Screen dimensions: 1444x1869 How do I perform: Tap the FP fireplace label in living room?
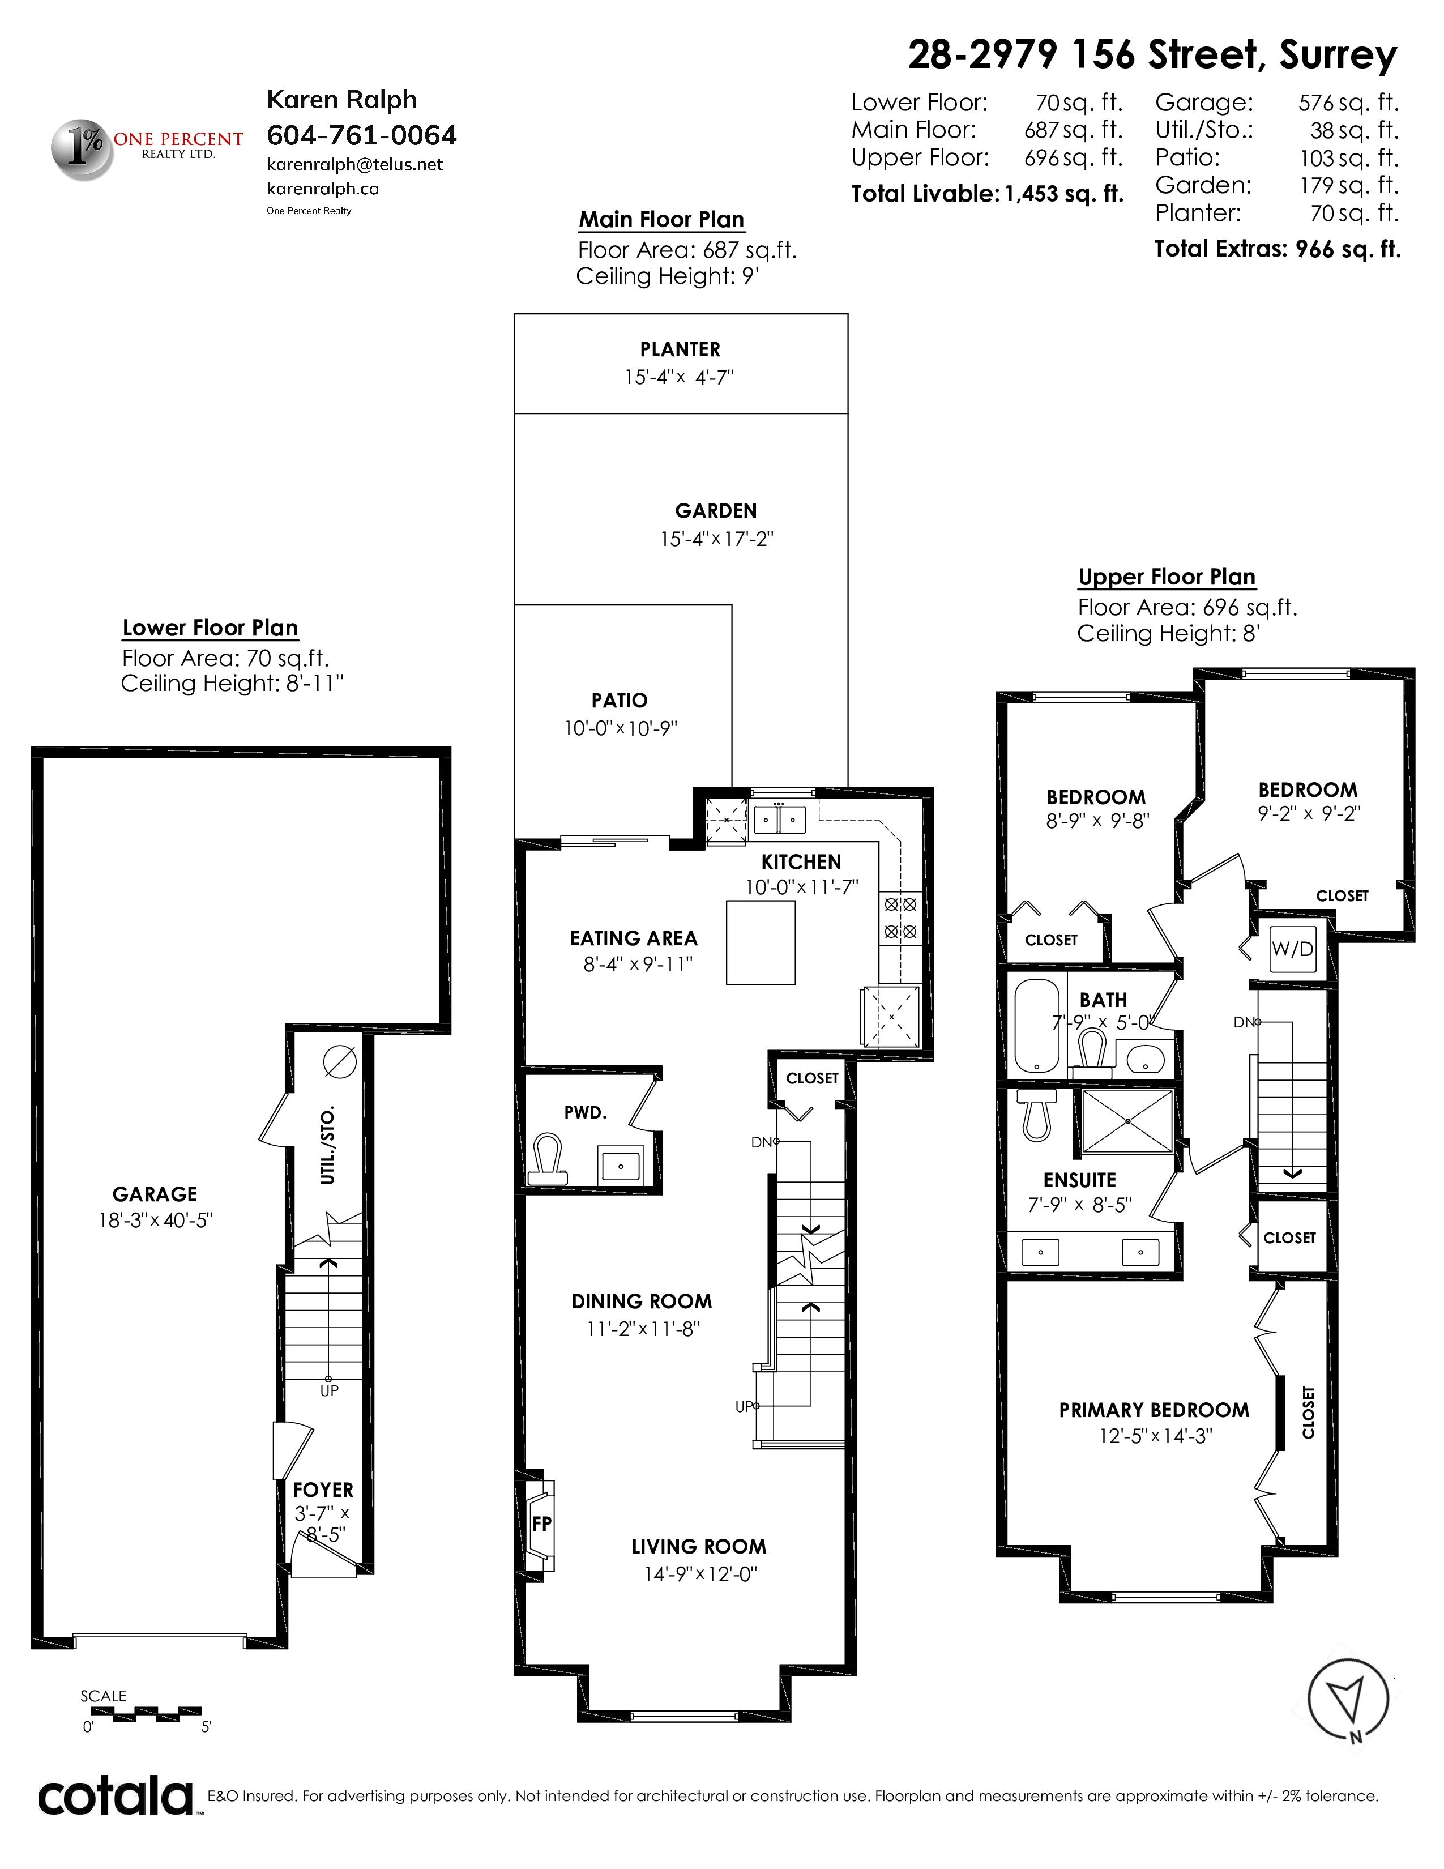tap(541, 1524)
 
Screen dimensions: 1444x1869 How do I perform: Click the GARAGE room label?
tap(155, 1194)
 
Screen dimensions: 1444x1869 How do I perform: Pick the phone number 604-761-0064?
tap(362, 135)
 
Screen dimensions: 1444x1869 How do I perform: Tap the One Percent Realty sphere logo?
tap(83, 149)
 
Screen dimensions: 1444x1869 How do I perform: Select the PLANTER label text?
tap(680, 349)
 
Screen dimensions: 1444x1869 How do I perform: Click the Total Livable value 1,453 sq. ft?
tap(1063, 194)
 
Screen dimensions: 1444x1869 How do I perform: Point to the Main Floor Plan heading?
tap(661, 220)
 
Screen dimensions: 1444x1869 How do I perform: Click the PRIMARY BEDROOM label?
tap(1154, 1410)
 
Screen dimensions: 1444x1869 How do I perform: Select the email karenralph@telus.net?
tap(355, 164)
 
